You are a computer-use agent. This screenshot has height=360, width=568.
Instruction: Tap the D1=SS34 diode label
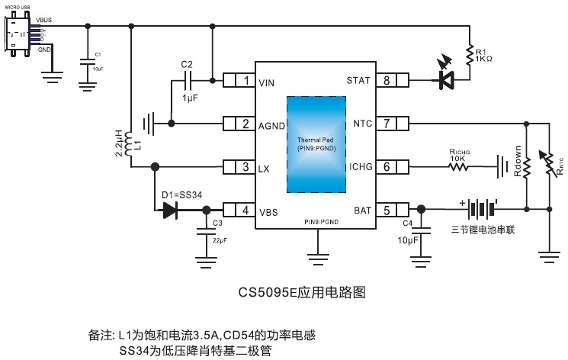tap(181, 195)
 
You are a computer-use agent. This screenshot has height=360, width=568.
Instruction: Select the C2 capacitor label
tap(188, 64)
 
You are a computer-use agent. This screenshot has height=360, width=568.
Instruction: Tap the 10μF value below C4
tap(407, 241)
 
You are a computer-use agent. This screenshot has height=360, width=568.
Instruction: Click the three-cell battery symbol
tap(478, 209)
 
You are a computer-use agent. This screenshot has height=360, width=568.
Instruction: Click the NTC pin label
tap(361, 124)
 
